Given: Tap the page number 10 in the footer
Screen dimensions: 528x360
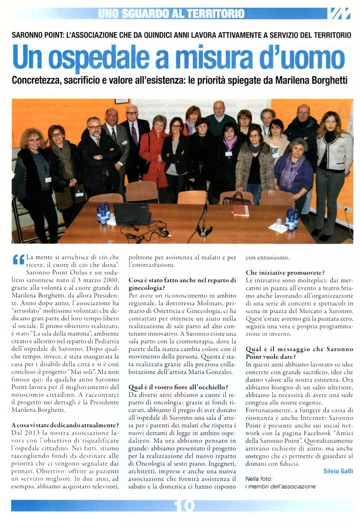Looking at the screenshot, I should click(x=185, y=505).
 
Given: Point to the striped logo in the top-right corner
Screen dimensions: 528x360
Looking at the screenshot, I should click(x=340, y=13).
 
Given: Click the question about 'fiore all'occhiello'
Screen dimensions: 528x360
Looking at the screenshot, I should click(x=178, y=387).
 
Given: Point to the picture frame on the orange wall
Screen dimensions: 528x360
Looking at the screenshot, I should click(x=122, y=101).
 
